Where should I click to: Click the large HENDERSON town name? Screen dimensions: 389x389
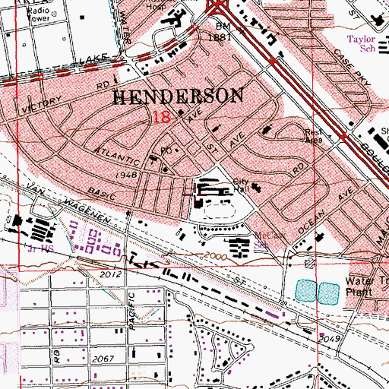pos(179,96)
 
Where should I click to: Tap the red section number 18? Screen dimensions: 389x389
pos(160,117)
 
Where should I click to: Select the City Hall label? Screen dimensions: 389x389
pos(242,186)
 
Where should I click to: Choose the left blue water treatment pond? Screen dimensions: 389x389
pos(304,289)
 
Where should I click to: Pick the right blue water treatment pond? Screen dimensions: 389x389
pos(327,289)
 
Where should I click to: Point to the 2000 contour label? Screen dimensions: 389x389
pos(215,257)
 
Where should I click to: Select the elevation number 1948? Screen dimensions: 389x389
pos(126,175)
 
